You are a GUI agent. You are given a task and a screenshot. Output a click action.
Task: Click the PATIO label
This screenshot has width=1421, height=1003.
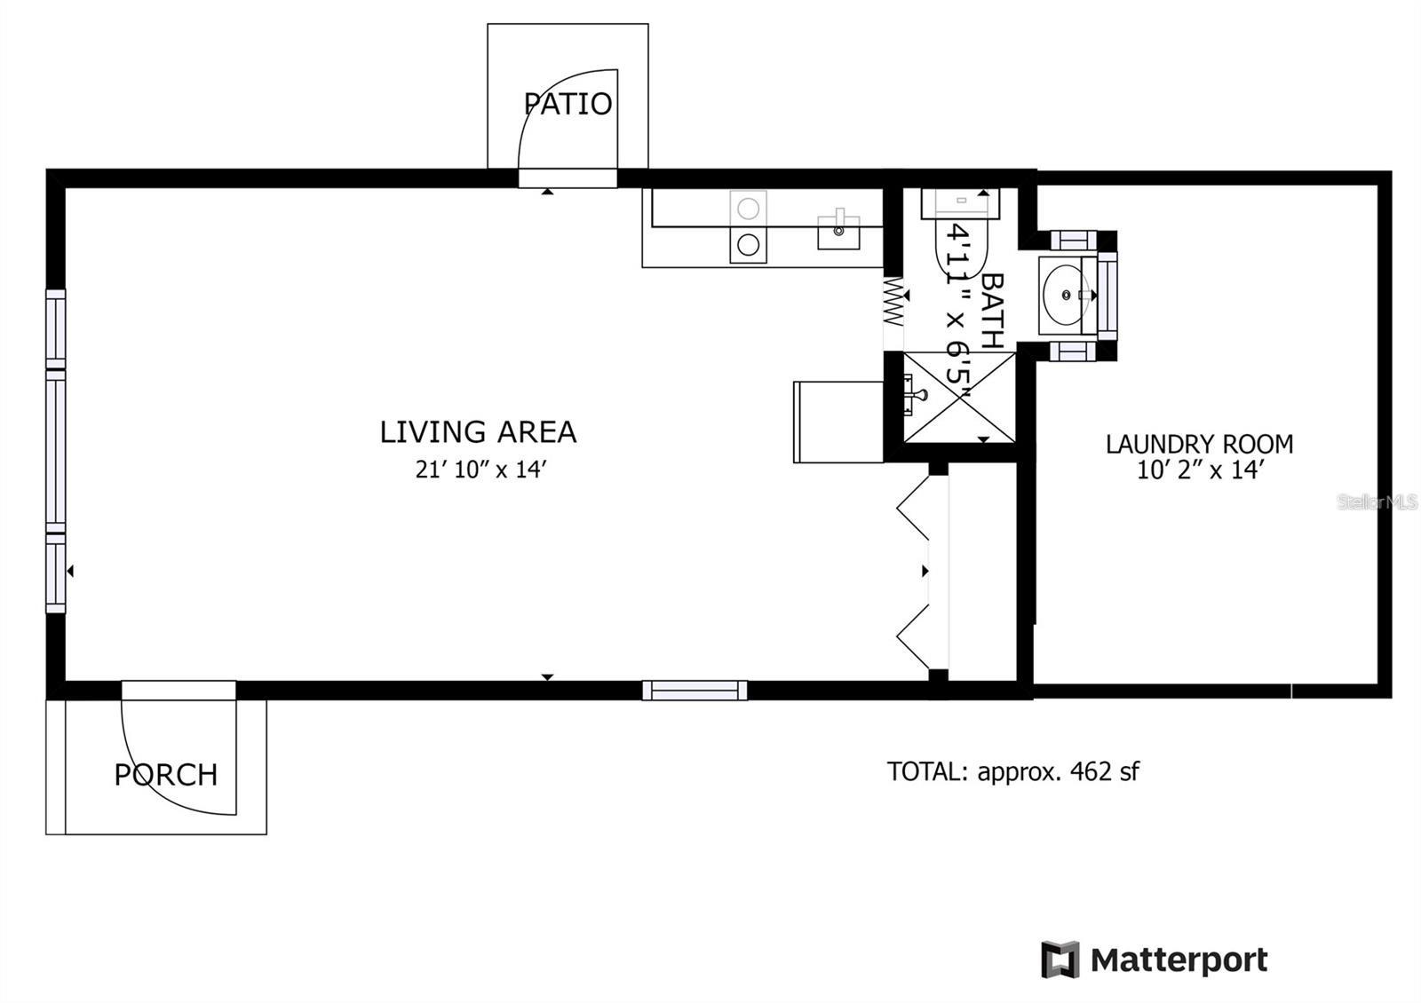(x=568, y=104)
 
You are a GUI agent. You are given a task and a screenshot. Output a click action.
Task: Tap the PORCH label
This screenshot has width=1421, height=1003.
(x=166, y=775)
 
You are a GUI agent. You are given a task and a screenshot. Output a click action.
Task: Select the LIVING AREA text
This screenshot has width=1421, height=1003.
(x=478, y=432)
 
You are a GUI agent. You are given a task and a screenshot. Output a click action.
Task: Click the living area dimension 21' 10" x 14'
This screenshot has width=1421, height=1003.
(x=478, y=470)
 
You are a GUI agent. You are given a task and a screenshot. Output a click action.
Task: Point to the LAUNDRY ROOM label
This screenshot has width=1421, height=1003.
(x=1199, y=444)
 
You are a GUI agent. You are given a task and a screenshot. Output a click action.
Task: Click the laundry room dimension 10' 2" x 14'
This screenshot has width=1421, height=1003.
(x=1199, y=470)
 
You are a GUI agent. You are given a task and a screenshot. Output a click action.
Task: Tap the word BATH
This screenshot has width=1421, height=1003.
(x=992, y=310)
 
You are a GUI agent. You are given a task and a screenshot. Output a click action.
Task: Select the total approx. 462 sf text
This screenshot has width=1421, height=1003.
(x=1012, y=770)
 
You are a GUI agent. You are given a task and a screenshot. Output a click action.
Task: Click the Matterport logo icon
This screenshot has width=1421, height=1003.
(x=1060, y=960)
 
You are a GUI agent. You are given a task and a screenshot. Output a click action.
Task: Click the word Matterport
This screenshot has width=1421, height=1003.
(x=1179, y=960)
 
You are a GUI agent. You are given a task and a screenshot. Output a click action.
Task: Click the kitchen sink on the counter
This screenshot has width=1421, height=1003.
(x=838, y=229)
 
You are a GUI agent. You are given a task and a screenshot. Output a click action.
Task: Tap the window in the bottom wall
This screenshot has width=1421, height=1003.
(x=695, y=690)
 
